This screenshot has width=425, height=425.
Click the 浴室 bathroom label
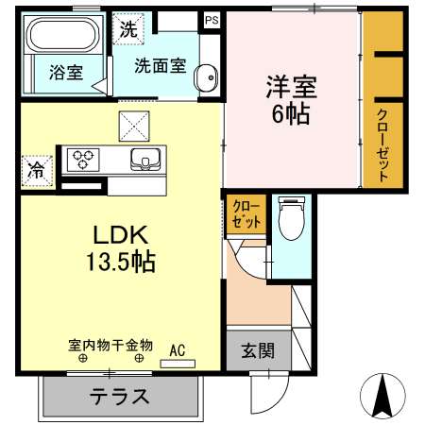coord(65,71)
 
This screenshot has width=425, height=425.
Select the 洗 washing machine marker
coord(127,28)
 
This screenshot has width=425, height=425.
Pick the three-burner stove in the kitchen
coord(81,158)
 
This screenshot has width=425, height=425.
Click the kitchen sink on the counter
coord(144,158)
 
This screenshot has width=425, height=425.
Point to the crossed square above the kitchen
coord(134,124)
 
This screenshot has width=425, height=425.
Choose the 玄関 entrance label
coord(256,351)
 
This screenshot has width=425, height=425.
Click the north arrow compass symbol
coord(383,394)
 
